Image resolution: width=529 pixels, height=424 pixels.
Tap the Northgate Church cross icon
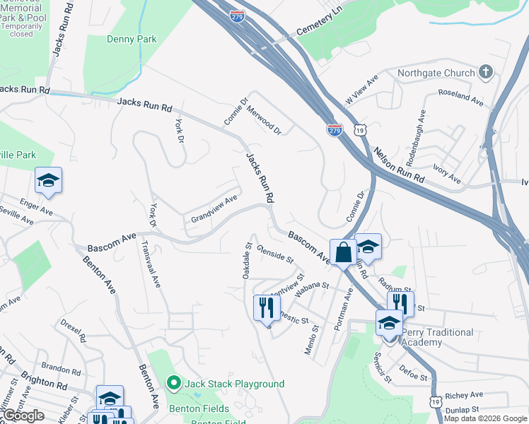[x=485, y=72]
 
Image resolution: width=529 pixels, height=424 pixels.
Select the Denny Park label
[x=132, y=40]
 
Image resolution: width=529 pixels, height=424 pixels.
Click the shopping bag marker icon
[x=343, y=252]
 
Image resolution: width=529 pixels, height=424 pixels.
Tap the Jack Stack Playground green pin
[x=174, y=384]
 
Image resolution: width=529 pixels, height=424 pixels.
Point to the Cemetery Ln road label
[x=319, y=20]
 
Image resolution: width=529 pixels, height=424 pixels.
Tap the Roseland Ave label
[x=460, y=98]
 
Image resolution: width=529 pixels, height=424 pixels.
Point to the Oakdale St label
[x=248, y=261]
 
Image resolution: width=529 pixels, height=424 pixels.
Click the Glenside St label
[x=275, y=254]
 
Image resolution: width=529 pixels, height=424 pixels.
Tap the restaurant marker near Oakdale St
[x=263, y=307]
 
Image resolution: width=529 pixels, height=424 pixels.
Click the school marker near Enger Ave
[x=48, y=181]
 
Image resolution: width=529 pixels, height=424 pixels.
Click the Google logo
[x=24, y=416]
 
